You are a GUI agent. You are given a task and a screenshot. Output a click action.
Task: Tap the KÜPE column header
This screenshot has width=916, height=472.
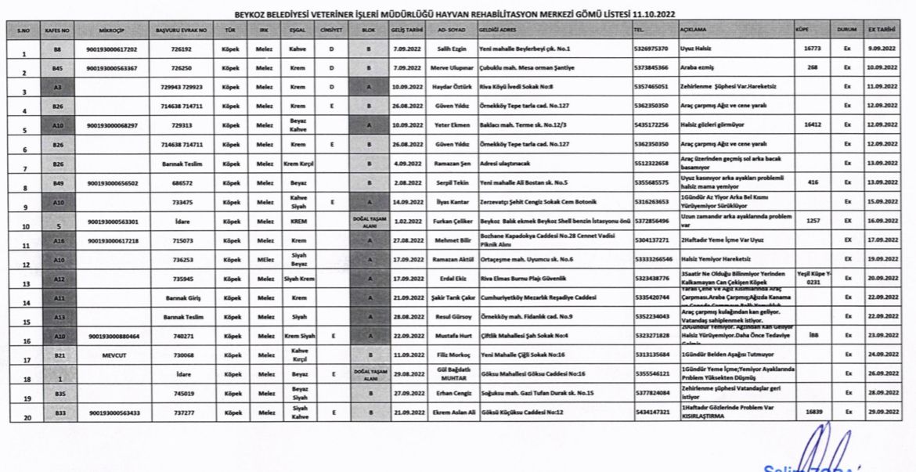801,29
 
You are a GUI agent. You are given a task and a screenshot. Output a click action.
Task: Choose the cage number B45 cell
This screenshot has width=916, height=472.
57,68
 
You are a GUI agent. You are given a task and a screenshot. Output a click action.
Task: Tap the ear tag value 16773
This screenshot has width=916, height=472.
812,49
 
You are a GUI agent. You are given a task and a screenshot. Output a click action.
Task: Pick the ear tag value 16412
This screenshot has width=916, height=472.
812,124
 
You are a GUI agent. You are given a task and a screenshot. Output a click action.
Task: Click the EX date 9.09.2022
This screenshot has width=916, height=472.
882,49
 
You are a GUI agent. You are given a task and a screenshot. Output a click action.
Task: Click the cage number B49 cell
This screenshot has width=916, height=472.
57,182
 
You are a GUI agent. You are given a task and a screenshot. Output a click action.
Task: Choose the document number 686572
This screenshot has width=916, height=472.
181,182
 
